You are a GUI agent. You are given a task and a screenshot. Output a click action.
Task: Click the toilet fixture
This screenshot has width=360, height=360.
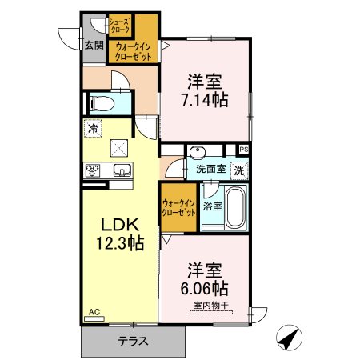(102, 103)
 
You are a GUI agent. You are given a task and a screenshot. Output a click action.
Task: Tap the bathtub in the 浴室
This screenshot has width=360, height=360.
(235, 207)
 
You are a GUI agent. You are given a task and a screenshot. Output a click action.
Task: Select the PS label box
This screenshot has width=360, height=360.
(244, 150)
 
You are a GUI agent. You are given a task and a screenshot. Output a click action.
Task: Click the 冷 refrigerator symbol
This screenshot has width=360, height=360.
(93, 129)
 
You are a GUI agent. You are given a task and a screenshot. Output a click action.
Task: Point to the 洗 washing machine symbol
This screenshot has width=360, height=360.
(239, 170)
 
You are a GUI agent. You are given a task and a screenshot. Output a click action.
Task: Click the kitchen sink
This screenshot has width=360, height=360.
(122, 170)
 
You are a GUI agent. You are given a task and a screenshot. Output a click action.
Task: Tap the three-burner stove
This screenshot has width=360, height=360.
(93, 170)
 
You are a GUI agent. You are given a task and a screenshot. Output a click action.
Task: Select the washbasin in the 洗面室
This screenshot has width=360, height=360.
(198, 152)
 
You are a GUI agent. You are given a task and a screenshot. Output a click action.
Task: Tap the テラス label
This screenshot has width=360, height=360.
(133, 341)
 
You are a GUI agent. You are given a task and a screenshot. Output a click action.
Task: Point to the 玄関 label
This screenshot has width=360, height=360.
(94, 46)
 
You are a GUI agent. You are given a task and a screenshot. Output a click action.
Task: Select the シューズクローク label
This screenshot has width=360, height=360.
(120, 25)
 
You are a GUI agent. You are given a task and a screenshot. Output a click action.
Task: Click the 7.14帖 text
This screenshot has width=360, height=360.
(205, 100)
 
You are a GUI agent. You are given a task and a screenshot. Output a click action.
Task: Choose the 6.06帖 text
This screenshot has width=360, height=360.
(205, 288)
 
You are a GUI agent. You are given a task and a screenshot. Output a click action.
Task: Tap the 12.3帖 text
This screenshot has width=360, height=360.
(120, 243)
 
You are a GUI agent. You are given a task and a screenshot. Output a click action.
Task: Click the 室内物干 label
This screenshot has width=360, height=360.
(210, 305)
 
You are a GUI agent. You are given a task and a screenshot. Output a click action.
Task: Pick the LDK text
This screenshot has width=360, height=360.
(120, 225)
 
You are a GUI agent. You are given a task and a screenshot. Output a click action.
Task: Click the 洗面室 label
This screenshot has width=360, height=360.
(211, 169)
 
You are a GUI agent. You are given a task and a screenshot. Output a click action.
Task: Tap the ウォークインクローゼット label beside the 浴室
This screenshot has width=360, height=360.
(178, 208)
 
